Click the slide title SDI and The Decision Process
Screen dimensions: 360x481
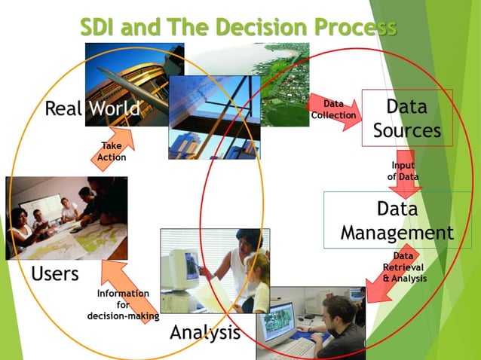point(238,28)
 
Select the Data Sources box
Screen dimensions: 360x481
point(407,117)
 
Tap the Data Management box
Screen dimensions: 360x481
point(397,220)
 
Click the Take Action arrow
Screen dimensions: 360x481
point(113,149)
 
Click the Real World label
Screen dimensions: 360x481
point(92,108)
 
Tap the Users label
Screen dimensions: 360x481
point(55,273)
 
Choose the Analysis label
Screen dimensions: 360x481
point(205,332)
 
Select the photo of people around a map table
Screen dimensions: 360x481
point(66,218)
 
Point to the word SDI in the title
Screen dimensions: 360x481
point(103,28)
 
